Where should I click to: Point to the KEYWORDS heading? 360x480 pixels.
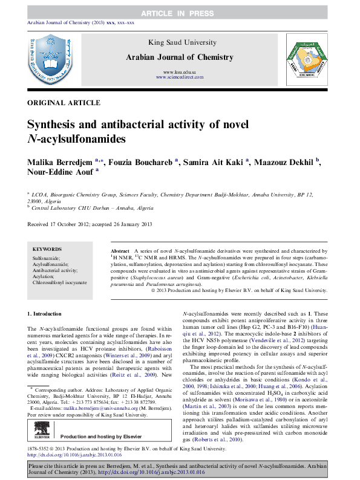(47, 249)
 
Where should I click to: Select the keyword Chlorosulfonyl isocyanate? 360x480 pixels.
(60, 282)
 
